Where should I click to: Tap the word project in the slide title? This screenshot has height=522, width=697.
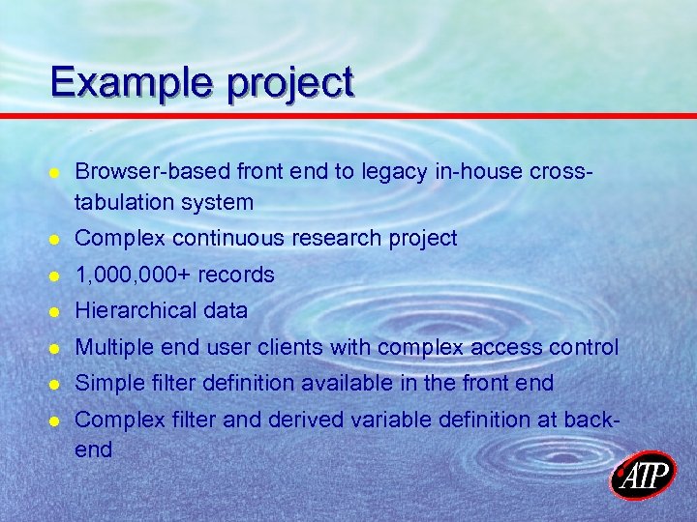[291, 84]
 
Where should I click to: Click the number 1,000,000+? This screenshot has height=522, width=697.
[133, 275]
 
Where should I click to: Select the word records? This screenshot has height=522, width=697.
[236, 275]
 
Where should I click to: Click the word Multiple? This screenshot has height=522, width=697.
[110, 346]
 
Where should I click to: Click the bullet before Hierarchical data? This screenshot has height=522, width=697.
[56, 311]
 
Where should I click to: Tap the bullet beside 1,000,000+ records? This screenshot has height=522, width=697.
[56, 275]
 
